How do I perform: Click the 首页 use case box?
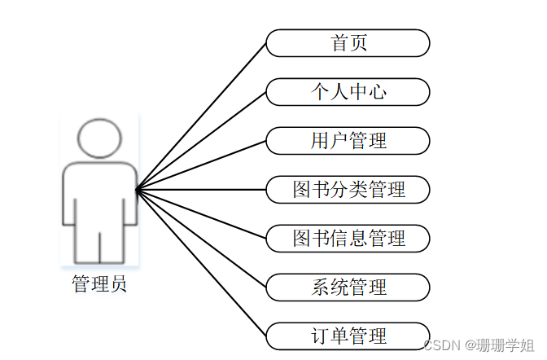(x=348, y=43)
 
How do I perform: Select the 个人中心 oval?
(x=348, y=92)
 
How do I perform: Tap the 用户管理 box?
(x=348, y=141)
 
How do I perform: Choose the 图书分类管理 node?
(x=348, y=190)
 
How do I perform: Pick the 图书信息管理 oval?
(x=348, y=239)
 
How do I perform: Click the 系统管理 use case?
(x=348, y=287)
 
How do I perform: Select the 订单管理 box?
(x=348, y=336)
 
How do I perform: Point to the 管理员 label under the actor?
(x=99, y=284)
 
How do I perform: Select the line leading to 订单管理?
(x=201, y=262)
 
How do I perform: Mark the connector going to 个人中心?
(x=201, y=141)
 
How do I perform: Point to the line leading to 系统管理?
(x=201, y=238)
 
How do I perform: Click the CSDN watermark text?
(x=444, y=346)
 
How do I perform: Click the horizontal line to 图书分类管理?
(x=201, y=190)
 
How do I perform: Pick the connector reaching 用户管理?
(x=201, y=165)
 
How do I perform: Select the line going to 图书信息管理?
(x=201, y=214)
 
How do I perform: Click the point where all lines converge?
(x=137, y=190)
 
